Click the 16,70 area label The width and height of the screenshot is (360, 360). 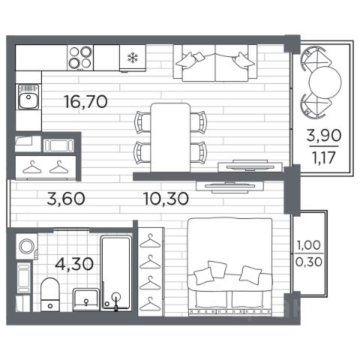(85, 102)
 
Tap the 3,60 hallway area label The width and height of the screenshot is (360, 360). (66, 199)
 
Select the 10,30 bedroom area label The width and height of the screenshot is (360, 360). (166, 199)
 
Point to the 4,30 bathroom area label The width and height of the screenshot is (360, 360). (74, 264)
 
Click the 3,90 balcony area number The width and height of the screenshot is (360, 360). (324, 136)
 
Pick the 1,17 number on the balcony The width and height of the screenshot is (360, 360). (324, 157)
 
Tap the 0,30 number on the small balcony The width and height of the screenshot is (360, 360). (309, 262)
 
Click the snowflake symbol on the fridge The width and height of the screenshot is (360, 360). (133, 58)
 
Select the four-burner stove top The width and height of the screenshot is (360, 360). (80, 58)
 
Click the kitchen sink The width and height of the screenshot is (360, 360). (28, 97)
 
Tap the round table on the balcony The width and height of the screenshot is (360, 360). (325, 82)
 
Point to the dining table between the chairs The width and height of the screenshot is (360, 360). (171, 137)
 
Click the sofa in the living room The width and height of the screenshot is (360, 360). (215, 63)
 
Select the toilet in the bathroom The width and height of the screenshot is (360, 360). (50, 294)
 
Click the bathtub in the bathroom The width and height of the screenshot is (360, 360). (116, 273)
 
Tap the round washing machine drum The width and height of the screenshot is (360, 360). (27, 247)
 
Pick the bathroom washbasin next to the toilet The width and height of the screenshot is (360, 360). (86, 300)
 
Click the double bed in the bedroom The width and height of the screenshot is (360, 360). (229, 266)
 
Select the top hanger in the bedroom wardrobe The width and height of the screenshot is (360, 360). (150, 241)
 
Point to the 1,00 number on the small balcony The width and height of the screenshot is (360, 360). (309, 245)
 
